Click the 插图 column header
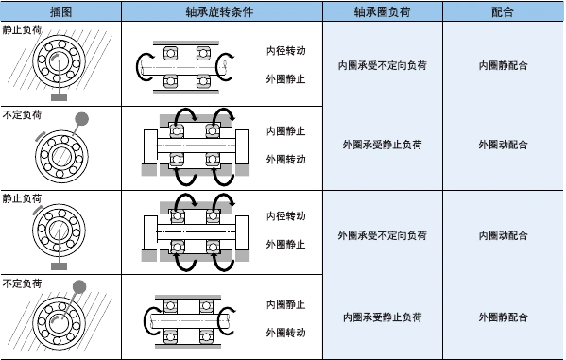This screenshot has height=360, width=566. (x=60, y=11)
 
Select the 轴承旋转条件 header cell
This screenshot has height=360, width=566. (x=221, y=11)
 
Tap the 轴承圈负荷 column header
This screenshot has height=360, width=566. (x=382, y=11)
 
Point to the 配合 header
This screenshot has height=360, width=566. (x=504, y=11)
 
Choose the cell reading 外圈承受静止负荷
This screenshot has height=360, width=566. (x=382, y=145)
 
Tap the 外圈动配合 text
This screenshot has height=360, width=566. (x=504, y=145)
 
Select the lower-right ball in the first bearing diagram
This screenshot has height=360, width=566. (x=202, y=81)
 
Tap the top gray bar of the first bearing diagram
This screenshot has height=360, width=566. (x=185, y=41)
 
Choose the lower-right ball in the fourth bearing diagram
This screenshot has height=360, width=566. (x=202, y=335)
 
